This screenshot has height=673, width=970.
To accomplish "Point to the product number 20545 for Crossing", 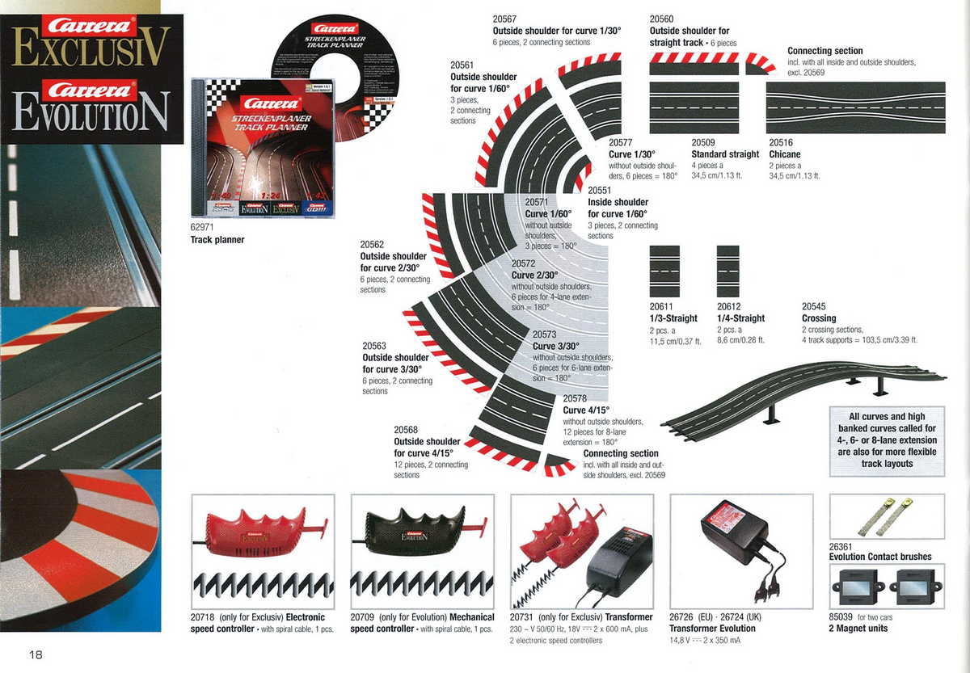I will point(813,307).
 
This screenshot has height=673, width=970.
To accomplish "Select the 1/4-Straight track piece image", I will point(727,271).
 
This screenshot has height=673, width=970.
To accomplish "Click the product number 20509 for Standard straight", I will point(703,143).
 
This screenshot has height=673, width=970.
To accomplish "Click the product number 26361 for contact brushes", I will point(841,547).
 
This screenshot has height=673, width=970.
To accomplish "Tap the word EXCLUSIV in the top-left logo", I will point(91,47).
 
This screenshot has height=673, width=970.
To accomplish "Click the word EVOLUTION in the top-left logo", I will point(91,111).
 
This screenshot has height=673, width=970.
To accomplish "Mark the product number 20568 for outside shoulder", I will point(407,431).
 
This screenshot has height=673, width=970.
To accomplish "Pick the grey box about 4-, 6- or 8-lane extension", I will point(887,440).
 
